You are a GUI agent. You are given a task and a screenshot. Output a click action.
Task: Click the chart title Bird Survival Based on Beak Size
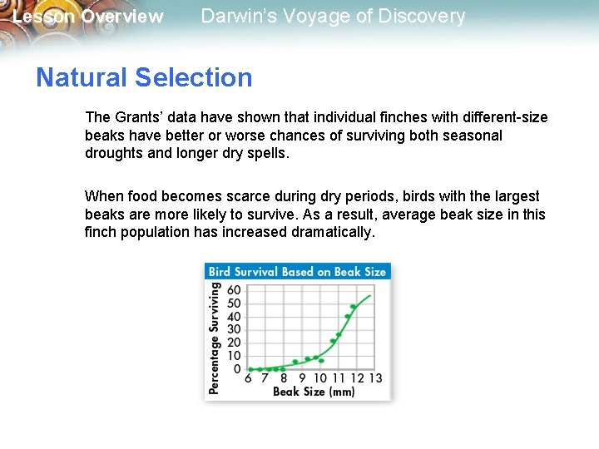(x=297, y=271)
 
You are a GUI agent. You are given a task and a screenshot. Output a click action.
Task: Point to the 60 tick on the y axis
(x=234, y=290)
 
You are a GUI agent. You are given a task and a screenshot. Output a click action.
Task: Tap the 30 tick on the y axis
(x=234, y=329)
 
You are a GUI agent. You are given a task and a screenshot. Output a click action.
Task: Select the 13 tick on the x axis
(x=375, y=378)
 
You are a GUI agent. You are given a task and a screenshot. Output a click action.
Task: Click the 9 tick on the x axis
(x=302, y=378)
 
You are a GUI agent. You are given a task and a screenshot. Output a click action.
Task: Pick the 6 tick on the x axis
(x=248, y=378)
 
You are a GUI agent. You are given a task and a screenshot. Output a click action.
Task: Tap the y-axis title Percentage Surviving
(x=215, y=338)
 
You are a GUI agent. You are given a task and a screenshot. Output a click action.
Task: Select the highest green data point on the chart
(x=354, y=307)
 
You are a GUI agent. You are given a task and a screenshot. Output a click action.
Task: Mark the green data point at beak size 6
(x=250, y=369)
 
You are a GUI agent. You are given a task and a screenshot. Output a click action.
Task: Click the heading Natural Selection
(x=144, y=77)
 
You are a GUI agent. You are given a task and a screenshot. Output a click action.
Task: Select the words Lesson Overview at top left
(x=88, y=17)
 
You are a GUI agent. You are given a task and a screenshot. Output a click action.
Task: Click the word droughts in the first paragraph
(x=113, y=152)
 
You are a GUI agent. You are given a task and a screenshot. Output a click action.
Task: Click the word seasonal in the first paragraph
(x=474, y=135)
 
